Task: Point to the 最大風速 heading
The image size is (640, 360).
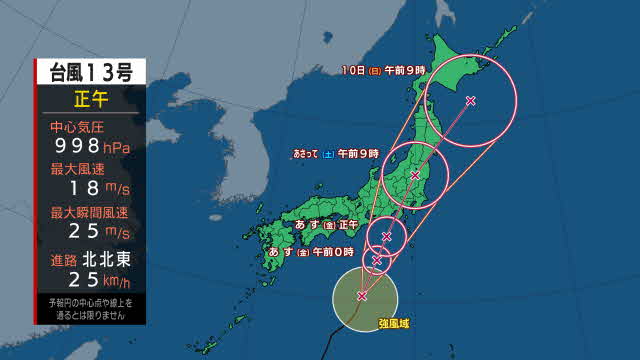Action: click(78, 169)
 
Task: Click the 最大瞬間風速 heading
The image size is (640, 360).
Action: click(89, 212)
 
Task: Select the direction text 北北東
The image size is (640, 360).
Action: click(111, 258)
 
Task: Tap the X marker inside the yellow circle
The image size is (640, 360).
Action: click(362, 296)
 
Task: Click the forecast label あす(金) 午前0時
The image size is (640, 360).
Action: click(311, 251)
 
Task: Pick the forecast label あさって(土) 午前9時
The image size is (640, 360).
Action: click(336, 154)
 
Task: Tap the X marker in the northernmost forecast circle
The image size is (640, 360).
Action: click(471, 100)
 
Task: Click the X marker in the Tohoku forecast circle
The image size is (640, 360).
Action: click(415, 175)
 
